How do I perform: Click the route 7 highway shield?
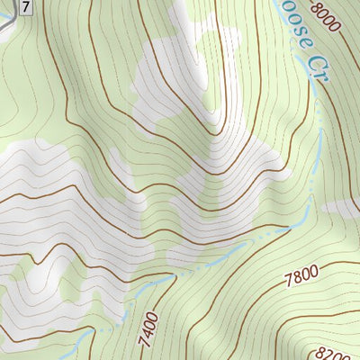(x=27, y=6)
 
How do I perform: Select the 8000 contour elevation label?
(x=325, y=15)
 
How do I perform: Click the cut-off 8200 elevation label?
(x=346, y=350)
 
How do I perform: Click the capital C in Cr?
(x=311, y=62)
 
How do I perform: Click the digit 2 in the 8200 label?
(x=342, y=348)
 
